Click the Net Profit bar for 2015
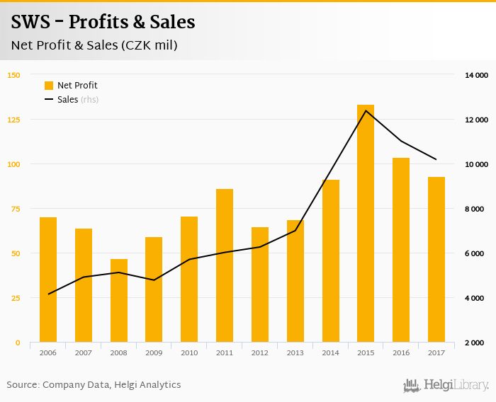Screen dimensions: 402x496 (366, 224)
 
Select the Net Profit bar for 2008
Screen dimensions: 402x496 (119, 301)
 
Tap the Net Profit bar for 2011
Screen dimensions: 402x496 (225, 265)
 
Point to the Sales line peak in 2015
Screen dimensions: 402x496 (366, 110)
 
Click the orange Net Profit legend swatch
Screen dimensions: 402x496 (49, 86)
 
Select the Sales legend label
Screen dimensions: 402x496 (68, 100)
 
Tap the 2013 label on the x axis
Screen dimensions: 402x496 (295, 352)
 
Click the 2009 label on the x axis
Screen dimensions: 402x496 (154, 352)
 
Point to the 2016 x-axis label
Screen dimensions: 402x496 (401, 352)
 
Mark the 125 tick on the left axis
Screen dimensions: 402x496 (14, 120)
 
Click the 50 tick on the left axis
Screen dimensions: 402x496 (16, 253)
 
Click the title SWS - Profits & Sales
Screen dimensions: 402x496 (103, 22)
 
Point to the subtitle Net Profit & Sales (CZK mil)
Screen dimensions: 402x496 (94, 45)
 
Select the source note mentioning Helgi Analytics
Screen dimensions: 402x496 (94, 385)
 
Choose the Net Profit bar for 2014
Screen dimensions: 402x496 (330, 261)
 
